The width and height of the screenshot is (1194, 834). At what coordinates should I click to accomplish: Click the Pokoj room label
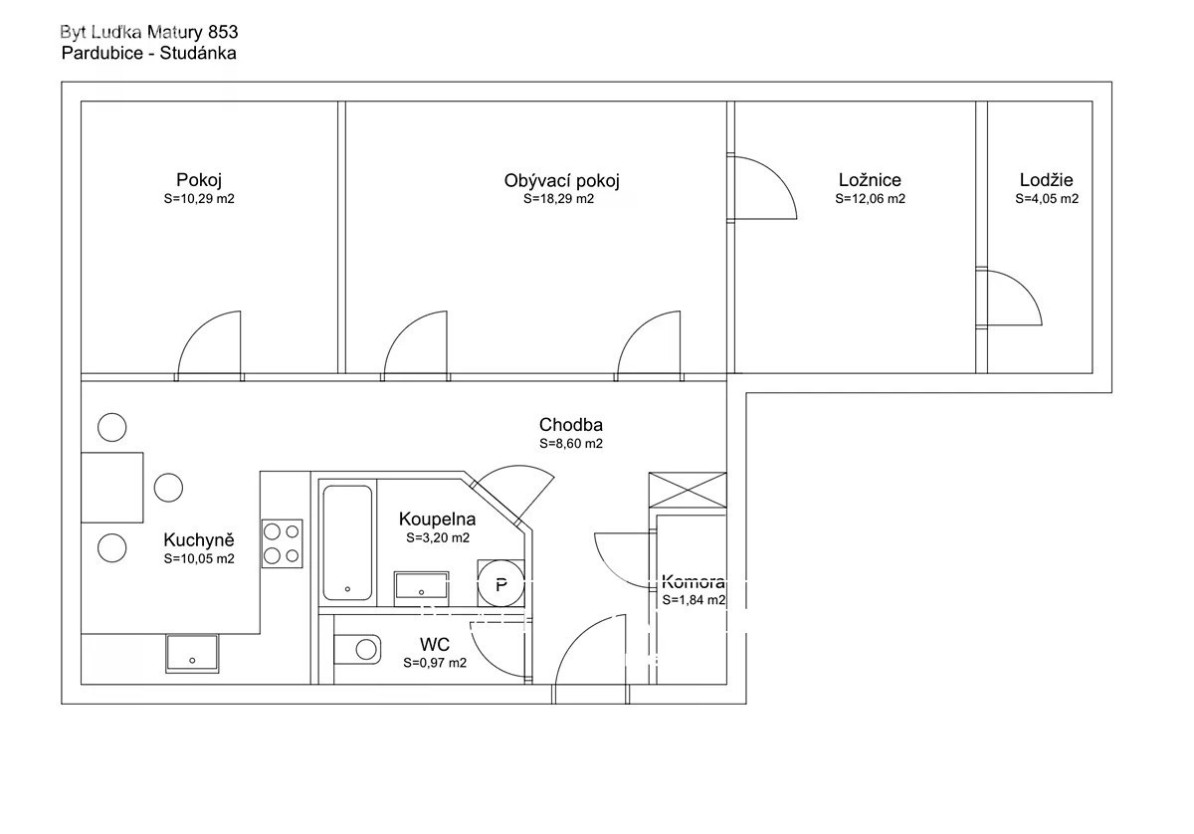pyautogui.click(x=199, y=180)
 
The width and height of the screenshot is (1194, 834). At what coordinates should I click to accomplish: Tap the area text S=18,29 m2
pyautogui.click(x=558, y=199)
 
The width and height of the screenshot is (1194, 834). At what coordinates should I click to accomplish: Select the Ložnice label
pyautogui.click(x=870, y=180)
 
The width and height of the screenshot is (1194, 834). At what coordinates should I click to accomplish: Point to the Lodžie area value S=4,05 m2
pyautogui.click(x=1047, y=199)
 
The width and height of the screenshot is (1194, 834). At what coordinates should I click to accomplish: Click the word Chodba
pyautogui.click(x=571, y=425)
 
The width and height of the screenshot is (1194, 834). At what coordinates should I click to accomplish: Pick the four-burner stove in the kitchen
pyautogui.click(x=282, y=543)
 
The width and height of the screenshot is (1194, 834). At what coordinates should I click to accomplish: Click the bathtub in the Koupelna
pyautogui.click(x=347, y=542)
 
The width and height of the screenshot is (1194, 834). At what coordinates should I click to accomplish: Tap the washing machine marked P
pyautogui.click(x=501, y=583)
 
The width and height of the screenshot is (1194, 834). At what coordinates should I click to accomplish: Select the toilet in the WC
pyautogui.click(x=357, y=649)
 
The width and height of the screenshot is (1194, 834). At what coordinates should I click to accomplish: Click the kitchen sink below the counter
pyautogui.click(x=192, y=653)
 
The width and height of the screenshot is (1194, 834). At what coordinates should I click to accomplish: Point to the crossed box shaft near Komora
pyautogui.click(x=688, y=490)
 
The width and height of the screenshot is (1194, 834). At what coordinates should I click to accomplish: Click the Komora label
pyautogui.click(x=693, y=581)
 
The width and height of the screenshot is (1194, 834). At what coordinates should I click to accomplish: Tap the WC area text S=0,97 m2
pyautogui.click(x=435, y=663)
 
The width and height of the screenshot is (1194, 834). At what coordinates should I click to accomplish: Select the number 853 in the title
pyautogui.click(x=223, y=33)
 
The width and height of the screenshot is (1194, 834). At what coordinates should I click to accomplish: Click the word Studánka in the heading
pyautogui.click(x=198, y=54)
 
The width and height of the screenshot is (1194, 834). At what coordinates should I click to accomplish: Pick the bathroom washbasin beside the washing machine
pyautogui.click(x=421, y=589)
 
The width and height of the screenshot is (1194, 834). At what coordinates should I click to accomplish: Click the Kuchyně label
pyautogui.click(x=199, y=540)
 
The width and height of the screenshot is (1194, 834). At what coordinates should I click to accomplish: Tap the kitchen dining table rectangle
pyautogui.click(x=111, y=488)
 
